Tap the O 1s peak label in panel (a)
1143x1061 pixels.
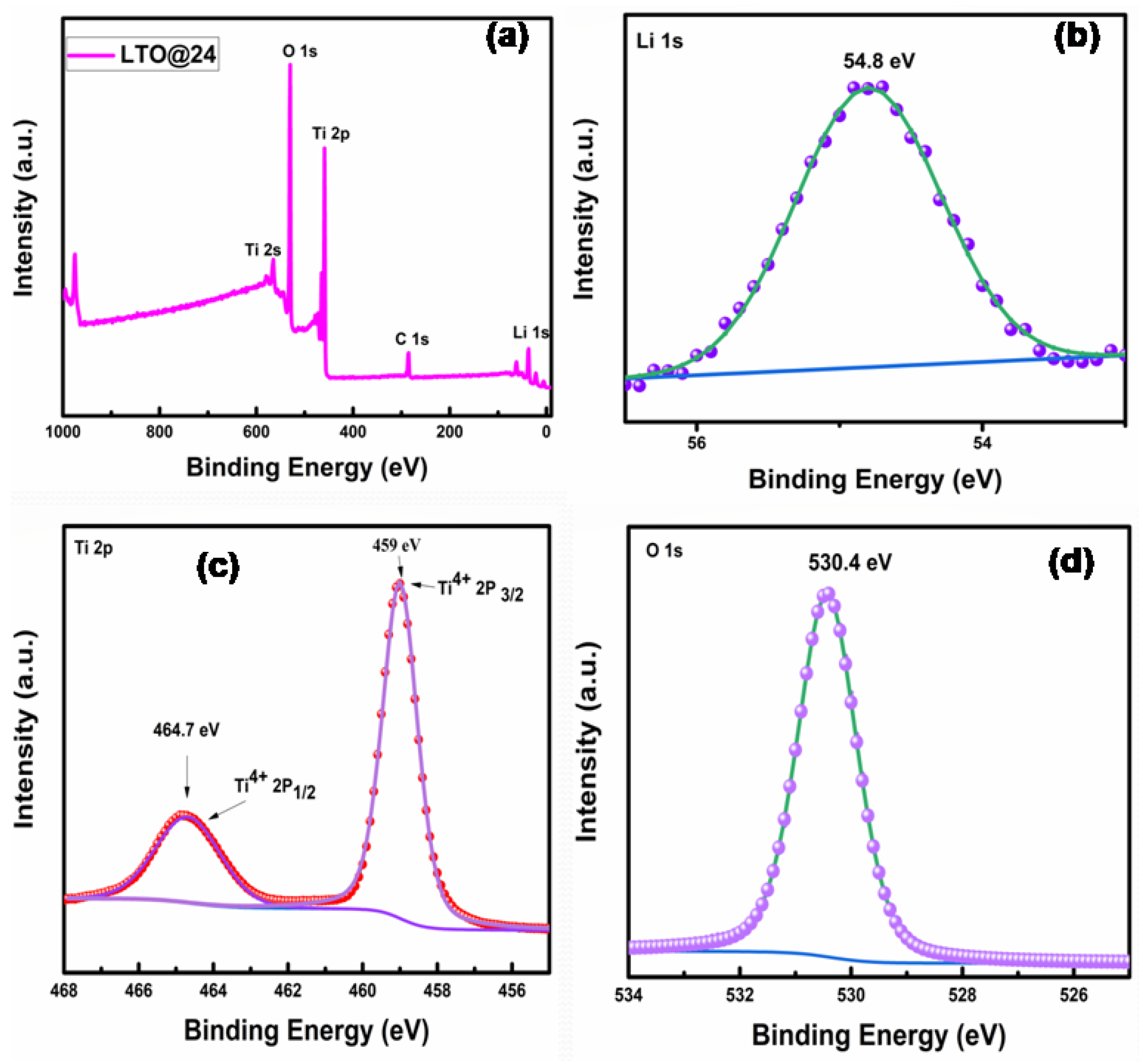(299, 51)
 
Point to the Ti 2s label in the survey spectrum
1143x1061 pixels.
(263, 250)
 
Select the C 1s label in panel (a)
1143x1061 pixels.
(412, 339)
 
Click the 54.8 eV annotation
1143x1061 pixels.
(878, 61)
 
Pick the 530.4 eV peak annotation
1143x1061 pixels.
(850, 562)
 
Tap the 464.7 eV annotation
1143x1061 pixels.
(186, 730)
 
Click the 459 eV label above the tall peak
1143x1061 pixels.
(396, 545)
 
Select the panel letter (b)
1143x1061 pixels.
(1077, 37)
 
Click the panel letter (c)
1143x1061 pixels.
(217, 566)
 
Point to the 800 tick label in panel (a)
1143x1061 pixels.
(159, 432)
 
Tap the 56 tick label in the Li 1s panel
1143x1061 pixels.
(696, 443)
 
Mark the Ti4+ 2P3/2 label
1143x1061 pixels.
(481, 588)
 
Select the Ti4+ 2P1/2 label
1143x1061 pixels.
(275, 786)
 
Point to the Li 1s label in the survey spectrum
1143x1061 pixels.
(530, 332)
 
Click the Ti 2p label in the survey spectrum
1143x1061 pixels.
(330, 134)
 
